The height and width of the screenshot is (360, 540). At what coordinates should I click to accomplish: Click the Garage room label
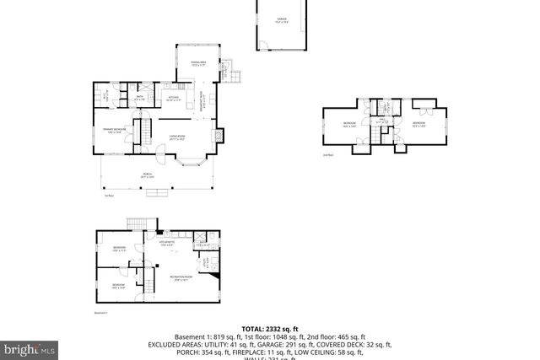[x=282, y=19]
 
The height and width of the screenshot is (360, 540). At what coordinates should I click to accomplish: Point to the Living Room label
[x=177, y=137]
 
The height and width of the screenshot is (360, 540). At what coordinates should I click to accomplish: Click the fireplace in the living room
[x=221, y=134]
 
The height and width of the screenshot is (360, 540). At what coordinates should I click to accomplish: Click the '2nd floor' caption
[x=327, y=155]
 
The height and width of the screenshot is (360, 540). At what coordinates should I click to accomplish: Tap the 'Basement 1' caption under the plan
[x=101, y=313]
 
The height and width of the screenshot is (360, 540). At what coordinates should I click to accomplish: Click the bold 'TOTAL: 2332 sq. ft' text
[x=269, y=329]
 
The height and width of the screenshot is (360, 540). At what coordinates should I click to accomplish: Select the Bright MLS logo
[x=30, y=348]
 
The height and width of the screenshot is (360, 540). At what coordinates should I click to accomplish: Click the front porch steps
[x=157, y=193]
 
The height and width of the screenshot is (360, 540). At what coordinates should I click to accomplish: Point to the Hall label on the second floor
[x=381, y=121]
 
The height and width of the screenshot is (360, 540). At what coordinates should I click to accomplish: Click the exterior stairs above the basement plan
[x=137, y=223]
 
